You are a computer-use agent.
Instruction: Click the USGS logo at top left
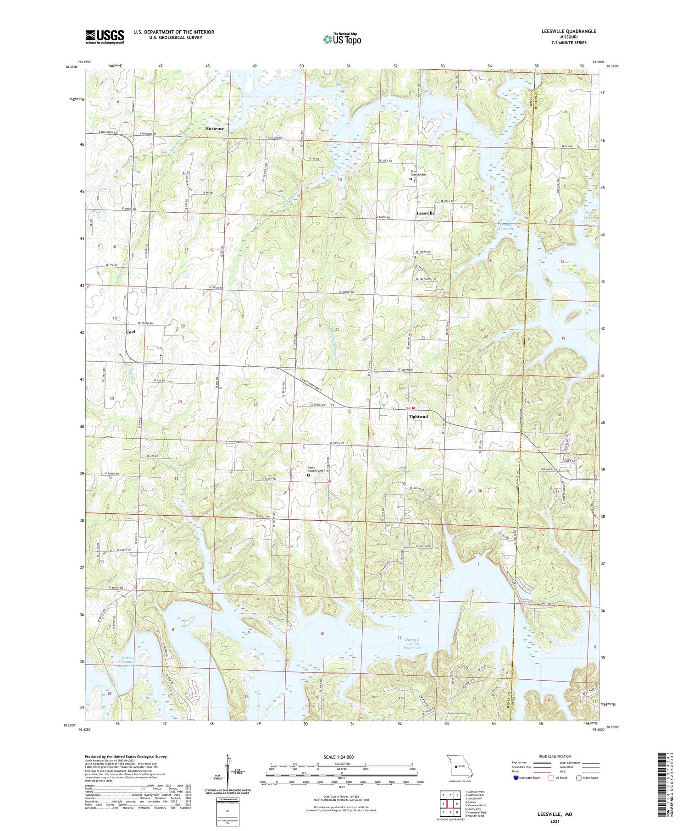tap(105, 37)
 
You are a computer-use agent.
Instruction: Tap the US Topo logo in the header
tap(342, 39)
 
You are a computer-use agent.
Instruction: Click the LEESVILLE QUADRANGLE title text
tap(563, 31)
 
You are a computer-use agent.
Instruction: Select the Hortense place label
tap(215, 129)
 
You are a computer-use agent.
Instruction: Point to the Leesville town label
tap(425, 213)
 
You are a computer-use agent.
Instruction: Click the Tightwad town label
tap(418, 417)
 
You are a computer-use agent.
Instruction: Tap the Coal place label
tap(131, 332)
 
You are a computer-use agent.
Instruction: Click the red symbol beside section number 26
tap(414, 408)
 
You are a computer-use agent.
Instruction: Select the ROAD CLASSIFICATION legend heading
tap(555, 756)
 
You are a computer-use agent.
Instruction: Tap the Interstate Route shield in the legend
tap(516, 777)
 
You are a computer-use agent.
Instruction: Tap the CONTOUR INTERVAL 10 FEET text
tap(341, 797)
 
